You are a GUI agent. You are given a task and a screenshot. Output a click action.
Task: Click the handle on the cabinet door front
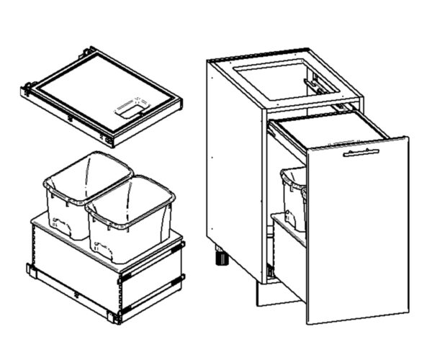(361, 153)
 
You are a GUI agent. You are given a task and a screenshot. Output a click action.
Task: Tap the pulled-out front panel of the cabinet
(356, 230)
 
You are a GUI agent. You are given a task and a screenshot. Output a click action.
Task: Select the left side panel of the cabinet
(234, 166)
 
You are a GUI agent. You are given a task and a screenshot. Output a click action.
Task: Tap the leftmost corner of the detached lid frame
(25, 91)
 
